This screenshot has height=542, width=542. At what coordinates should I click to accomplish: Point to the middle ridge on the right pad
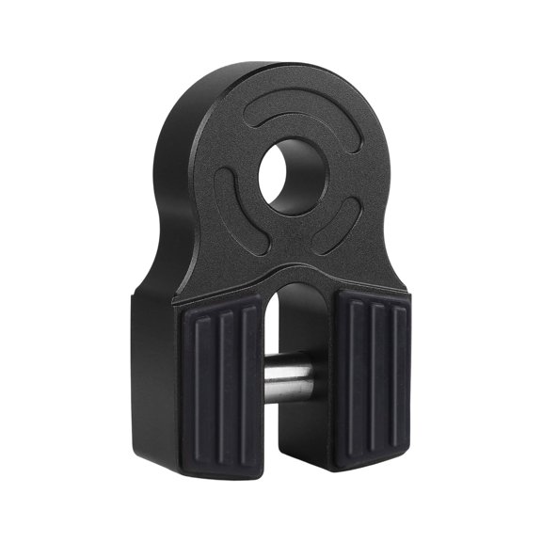[x=376, y=381]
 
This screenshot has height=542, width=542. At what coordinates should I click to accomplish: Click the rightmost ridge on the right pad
[x=399, y=381]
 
